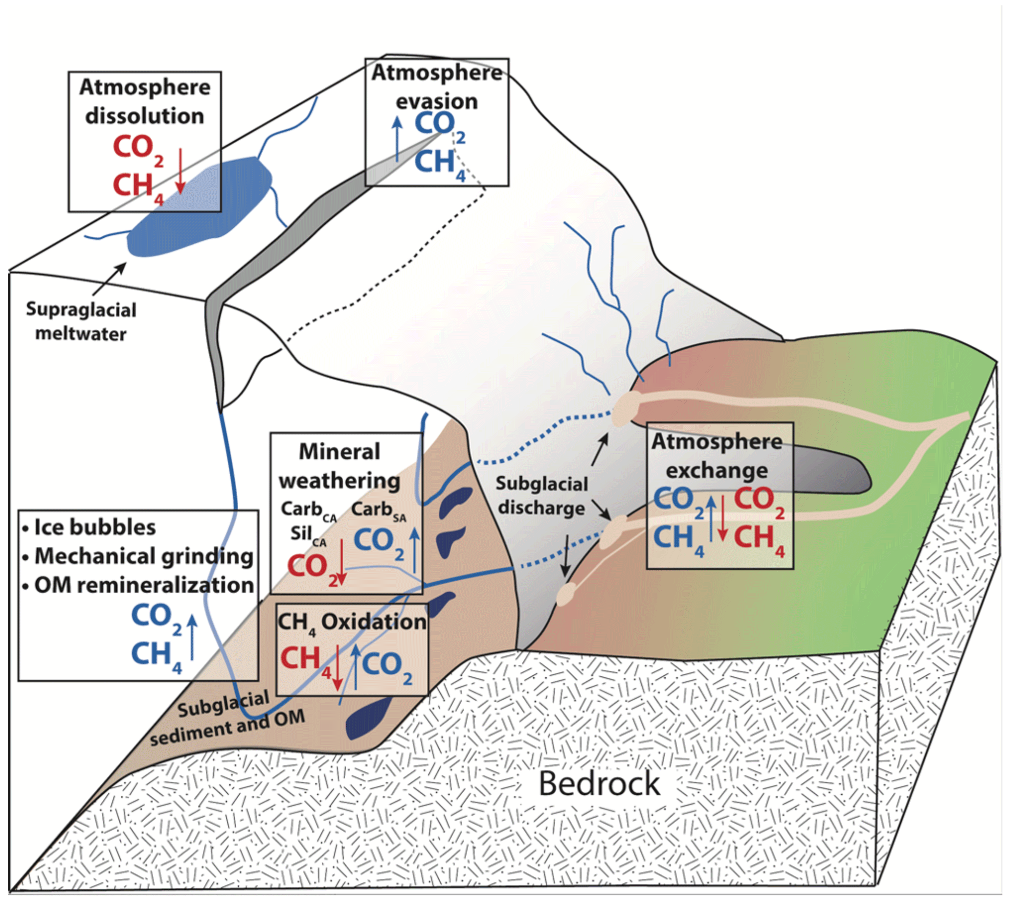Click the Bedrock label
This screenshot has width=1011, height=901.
point(599,784)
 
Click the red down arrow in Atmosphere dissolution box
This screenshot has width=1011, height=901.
point(180,171)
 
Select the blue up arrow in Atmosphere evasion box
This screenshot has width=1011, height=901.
point(397,139)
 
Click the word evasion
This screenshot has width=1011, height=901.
point(436,101)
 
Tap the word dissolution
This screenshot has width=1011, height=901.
point(144,116)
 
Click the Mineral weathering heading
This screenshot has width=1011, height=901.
point(339,466)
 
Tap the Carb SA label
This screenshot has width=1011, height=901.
point(379,510)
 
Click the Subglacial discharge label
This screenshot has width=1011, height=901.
point(542,496)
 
